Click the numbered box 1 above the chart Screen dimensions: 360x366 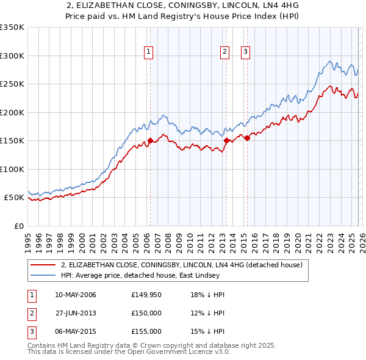tap(149, 52)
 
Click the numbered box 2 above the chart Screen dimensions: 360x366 tap(225, 52)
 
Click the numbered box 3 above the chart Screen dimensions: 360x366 tap(245, 52)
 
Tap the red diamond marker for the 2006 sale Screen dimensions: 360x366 tap(150, 140)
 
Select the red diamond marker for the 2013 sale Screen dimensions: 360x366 tap(226, 140)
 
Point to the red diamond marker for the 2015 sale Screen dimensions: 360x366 tap(247, 138)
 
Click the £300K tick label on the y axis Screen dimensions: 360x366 tap(12, 56)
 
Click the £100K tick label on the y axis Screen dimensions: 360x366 tap(12, 169)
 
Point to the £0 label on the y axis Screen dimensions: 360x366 tap(18, 226)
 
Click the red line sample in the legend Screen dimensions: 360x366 tap(43, 265)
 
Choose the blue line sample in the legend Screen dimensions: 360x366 tap(43, 275)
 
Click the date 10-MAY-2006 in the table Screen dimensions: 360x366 tap(75, 295)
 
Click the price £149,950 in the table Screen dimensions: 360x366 tap(146, 295)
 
